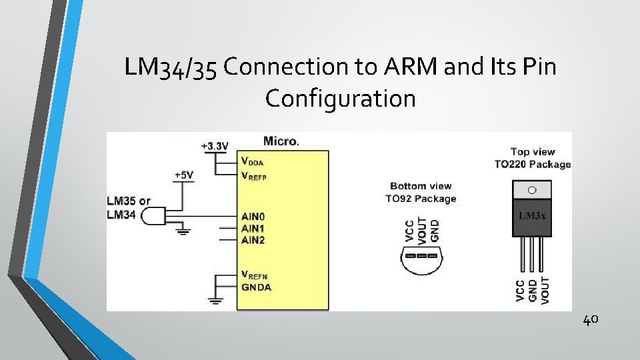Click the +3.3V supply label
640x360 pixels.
[x=215, y=145]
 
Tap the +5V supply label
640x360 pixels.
[x=184, y=175]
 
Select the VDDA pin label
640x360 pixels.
[x=253, y=161]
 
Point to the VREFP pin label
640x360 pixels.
[x=254, y=176]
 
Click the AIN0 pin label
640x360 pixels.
[x=253, y=217]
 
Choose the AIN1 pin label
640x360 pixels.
[x=253, y=228]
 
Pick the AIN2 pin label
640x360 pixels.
[x=253, y=239]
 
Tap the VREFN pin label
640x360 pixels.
[x=254, y=275]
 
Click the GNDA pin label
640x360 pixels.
[x=256, y=287]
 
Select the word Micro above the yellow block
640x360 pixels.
[x=281, y=141]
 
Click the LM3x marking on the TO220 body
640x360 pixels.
[x=532, y=217]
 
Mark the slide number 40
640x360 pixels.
[x=591, y=320]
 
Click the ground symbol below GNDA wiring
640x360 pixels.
[x=215, y=301]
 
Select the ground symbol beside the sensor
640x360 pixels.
[x=181, y=231]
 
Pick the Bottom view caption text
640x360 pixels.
[x=420, y=186]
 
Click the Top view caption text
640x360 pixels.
[x=533, y=152]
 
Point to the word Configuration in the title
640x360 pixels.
[x=340, y=99]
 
